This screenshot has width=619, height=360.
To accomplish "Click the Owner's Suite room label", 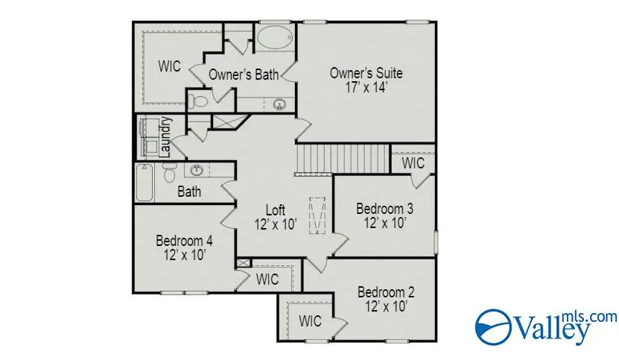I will [x=366, y=73].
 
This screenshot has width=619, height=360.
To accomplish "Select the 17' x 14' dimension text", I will [x=366, y=86].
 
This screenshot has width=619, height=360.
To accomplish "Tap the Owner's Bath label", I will [x=243, y=75].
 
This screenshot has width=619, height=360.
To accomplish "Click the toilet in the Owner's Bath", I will [x=199, y=100].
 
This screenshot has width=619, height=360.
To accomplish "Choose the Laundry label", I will [x=167, y=136].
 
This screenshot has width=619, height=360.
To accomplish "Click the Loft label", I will [x=276, y=209].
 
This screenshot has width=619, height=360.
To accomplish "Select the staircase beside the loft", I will [x=343, y=158].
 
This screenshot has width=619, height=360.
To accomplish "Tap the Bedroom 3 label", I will [x=384, y=208].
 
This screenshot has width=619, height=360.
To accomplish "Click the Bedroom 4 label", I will [x=184, y=241].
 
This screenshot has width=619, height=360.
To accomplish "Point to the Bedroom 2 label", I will [x=385, y=291].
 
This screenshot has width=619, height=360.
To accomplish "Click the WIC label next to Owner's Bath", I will [x=169, y=65].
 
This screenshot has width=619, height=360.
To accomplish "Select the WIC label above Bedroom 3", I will [x=413, y=162].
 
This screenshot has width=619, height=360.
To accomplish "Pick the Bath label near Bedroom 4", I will [x=189, y=192].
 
